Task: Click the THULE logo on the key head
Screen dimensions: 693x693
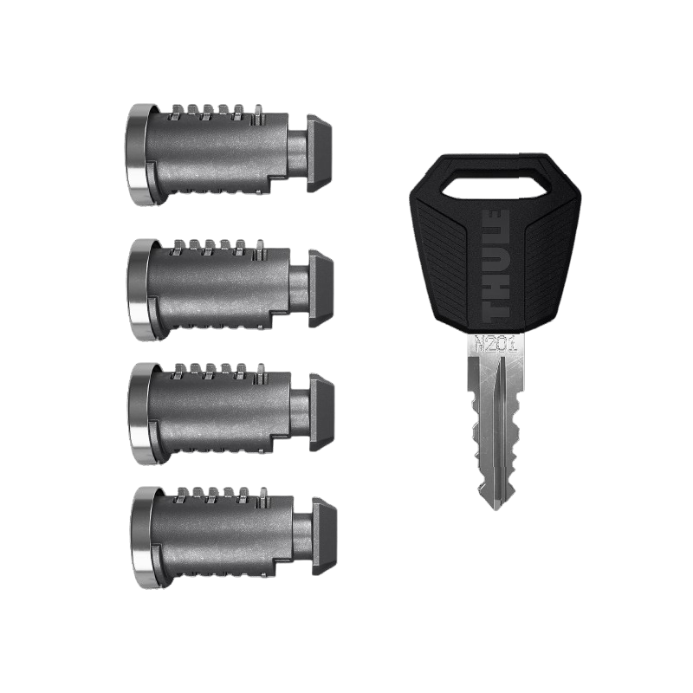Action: coord(502,263)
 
